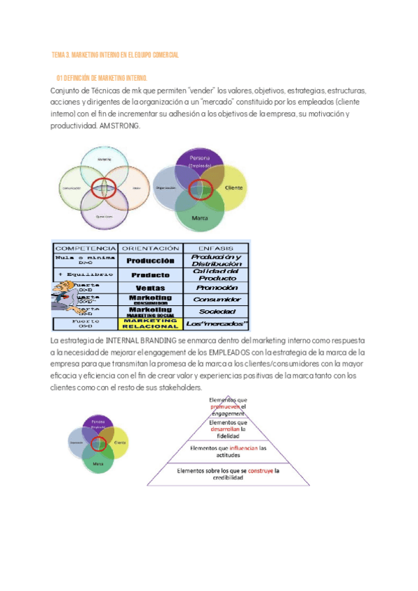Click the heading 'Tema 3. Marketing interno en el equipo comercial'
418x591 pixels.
pos(116,55)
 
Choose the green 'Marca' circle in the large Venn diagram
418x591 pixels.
pos(200,215)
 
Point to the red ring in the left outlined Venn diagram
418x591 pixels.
pos(104,187)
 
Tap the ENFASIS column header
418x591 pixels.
pos(215,247)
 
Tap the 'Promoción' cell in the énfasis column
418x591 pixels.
pos(217,287)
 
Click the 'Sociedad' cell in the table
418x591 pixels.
pos(217,311)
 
